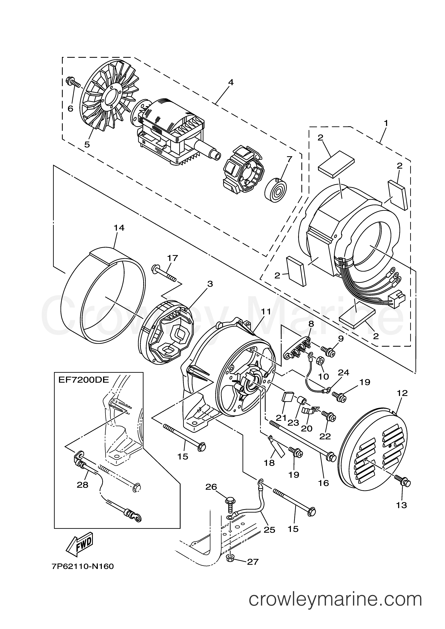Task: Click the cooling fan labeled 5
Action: (x=110, y=101)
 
